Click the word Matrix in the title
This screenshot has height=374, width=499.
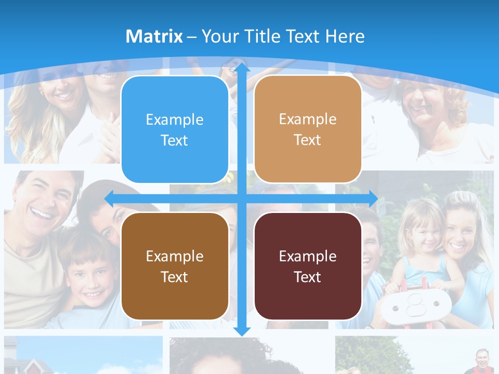[x=154, y=36]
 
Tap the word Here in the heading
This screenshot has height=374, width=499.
[x=345, y=36]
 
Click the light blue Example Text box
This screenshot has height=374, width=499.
[x=175, y=129]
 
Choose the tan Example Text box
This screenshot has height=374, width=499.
[x=308, y=129]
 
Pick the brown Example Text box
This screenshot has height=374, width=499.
[x=175, y=266]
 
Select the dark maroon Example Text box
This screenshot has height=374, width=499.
[x=308, y=266]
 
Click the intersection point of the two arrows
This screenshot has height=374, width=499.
[x=242, y=198]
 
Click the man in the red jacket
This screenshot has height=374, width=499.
[x=482, y=361]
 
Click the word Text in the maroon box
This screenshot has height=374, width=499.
[x=308, y=277]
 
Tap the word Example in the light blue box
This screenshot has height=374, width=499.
[x=175, y=119]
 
